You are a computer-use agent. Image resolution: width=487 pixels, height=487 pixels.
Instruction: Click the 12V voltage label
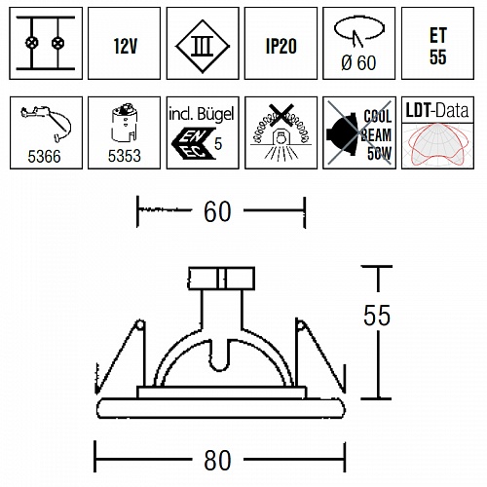coord(126,46)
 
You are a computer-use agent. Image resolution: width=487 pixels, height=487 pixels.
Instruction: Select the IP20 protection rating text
coord(281,46)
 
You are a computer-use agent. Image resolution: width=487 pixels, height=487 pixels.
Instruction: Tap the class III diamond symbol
coord(203,46)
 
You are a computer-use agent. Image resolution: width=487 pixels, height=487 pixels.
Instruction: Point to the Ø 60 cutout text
coord(358,62)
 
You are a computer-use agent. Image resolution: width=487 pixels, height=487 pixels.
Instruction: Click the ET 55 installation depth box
coord(437,43)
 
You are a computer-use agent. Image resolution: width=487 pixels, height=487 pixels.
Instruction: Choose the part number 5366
coord(44,157)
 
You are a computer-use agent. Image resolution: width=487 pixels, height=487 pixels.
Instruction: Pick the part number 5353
coord(125,156)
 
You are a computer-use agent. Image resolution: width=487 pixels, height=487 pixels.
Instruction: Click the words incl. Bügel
coord(202,114)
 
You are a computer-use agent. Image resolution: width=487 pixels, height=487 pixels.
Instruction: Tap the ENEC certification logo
coord(194,143)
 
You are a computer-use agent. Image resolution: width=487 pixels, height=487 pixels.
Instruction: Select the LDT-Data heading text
coord(437,111)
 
